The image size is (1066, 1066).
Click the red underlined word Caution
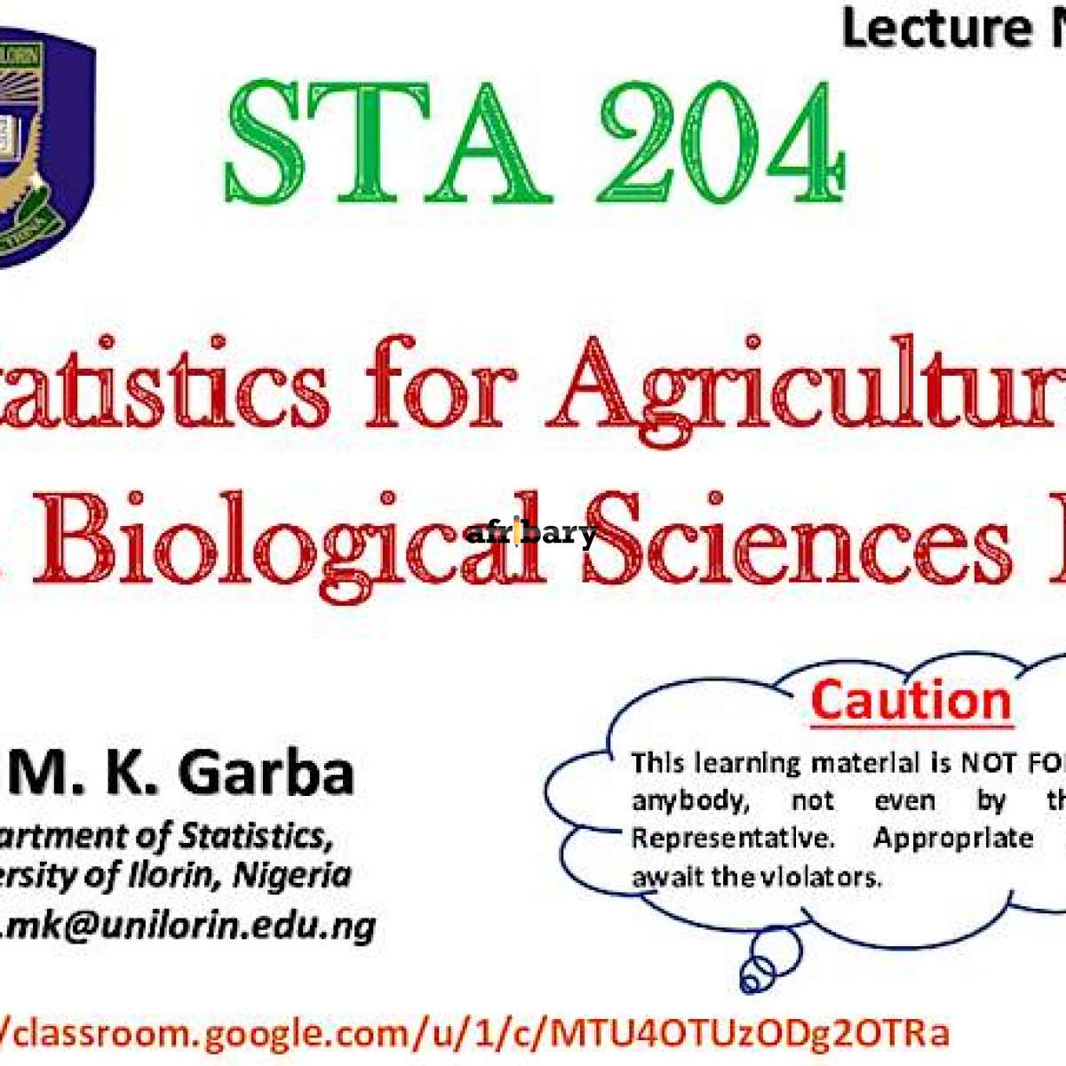pyautogui.click(x=911, y=701)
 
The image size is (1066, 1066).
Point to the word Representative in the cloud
pyautogui.click(x=732, y=839)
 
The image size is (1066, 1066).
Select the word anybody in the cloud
pyautogui.click(x=688, y=800)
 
